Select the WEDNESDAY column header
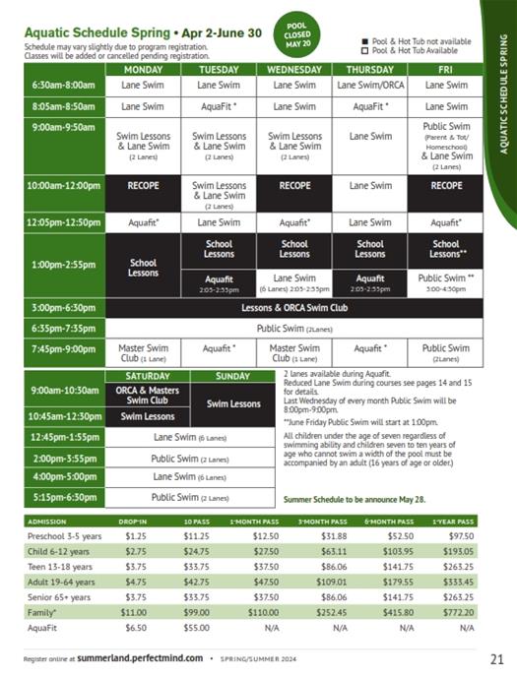point(293,70)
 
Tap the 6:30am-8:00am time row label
point(64,86)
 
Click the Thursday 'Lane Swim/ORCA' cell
point(370,86)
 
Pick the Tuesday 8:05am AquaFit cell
point(219,106)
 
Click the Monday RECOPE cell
point(143,185)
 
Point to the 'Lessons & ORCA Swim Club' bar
point(293,308)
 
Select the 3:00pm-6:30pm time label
point(64,308)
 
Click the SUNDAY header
point(233,376)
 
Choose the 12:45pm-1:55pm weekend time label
point(64,437)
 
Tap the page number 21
point(496,657)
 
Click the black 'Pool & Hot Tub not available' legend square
point(365,40)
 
